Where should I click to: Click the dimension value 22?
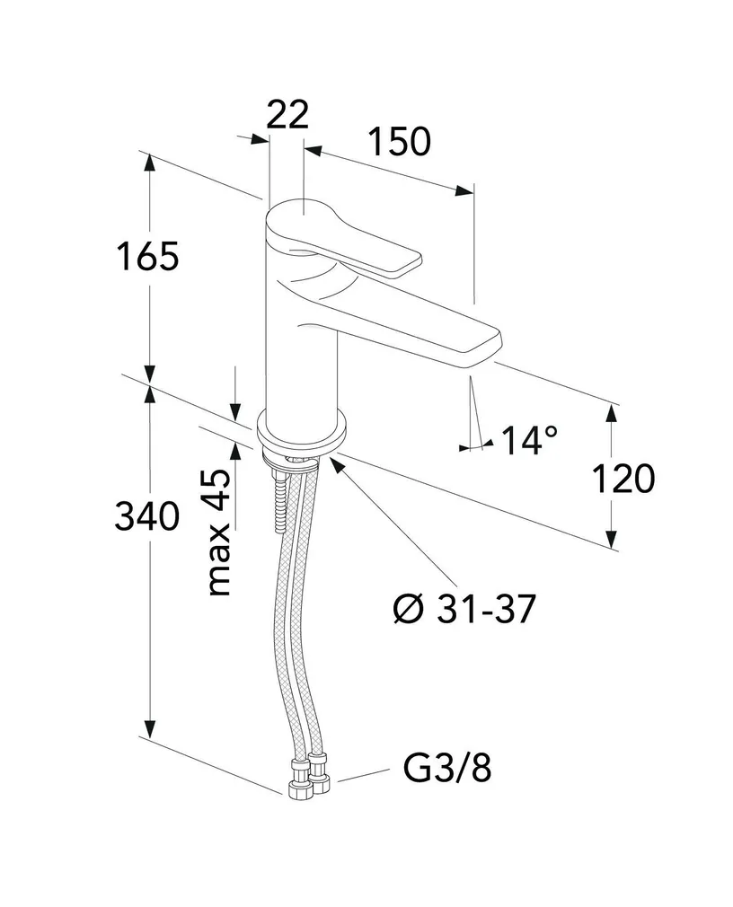click(x=287, y=115)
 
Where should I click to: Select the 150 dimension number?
click(x=398, y=142)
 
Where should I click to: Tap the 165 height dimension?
click(x=149, y=257)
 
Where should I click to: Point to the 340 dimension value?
click(x=148, y=516)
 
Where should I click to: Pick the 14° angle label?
click(x=529, y=440)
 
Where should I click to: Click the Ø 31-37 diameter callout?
click(x=464, y=611)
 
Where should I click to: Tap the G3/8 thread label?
click(x=446, y=769)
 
